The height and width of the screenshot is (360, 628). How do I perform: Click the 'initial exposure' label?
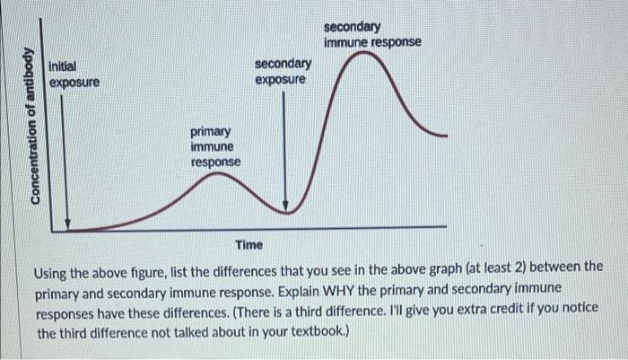(x=74, y=75)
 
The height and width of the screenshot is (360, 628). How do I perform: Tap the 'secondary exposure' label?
(x=283, y=71)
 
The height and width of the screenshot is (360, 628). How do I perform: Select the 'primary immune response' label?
(x=215, y=146)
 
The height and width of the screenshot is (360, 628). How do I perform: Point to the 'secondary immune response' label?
(x=371, y=35)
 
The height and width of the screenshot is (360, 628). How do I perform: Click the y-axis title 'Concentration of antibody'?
(x=35, y=127)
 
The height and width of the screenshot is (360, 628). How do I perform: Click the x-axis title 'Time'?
(x=249, y=245)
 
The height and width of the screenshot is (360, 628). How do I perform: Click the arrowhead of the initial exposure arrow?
(x=66, y=223)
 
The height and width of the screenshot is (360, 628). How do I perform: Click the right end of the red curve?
(x=445, y=135)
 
